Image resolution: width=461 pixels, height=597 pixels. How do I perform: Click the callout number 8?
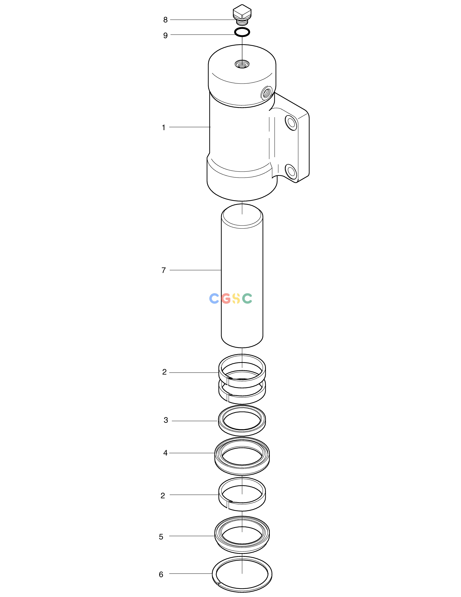click(165, 20)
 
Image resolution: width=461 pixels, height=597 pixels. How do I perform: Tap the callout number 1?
click(164, 127)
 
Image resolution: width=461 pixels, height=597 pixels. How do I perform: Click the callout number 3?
click(166, 420)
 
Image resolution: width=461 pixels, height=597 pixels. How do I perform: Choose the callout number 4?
click(165, 453)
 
